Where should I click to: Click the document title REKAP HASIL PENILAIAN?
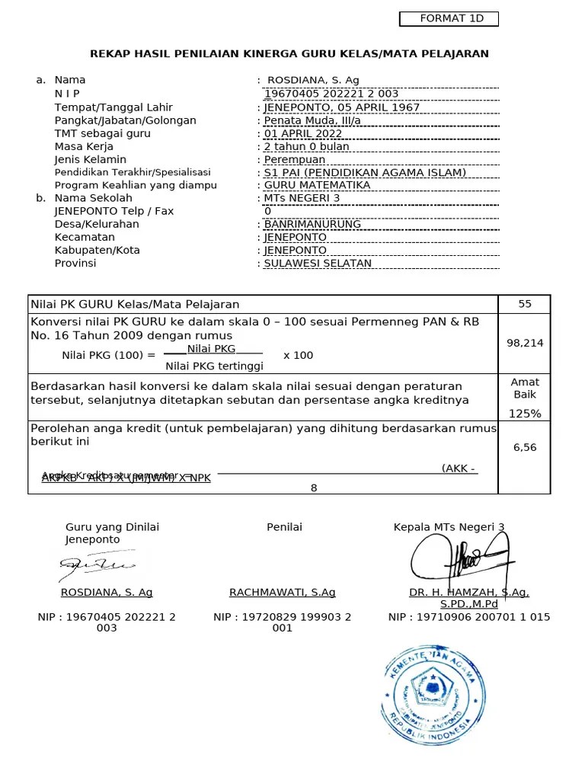pos(289,53)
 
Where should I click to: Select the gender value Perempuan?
pos(294,160)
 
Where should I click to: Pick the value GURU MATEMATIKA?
pos(317,185)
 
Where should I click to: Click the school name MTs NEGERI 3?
pos(302,198)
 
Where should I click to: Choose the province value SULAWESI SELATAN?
pos(318,264)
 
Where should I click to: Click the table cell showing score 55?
pos(525,304)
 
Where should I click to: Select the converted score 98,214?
pos(525,343)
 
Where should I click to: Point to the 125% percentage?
pos(525,414)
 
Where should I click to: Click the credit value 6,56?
pos(525,447)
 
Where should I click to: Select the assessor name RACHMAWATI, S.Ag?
pos(282,593)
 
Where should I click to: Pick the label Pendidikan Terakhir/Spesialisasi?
pos(133,173)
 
